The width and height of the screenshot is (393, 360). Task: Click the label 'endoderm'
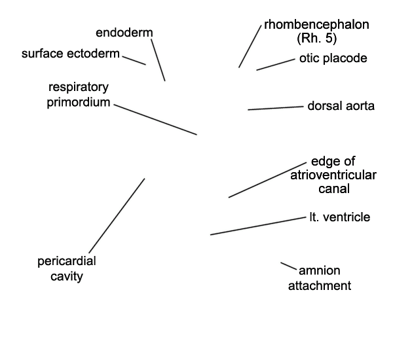[126, 33]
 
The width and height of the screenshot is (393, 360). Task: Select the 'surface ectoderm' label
[71, 54]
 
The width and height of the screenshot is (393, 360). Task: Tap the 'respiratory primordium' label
[78, 95]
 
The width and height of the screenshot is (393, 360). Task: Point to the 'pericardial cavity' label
[67, 268]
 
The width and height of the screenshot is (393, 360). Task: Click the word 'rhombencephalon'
[316, 25]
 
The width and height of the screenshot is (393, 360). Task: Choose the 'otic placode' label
[333, 58]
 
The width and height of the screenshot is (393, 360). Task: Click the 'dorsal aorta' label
[341, 105]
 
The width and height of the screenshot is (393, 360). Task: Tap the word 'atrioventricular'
[333, 175]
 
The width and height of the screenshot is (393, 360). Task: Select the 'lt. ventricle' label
[339, 217]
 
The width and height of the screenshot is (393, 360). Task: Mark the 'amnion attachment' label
[320, 278]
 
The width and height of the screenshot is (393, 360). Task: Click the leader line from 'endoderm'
[158, 60]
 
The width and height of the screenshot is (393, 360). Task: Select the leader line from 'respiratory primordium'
[155, 118]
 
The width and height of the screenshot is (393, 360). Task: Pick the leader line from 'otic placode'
[275, 64]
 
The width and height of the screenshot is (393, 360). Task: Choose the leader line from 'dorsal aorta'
[274, 108]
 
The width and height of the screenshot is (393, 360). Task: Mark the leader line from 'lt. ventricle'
[257, 225]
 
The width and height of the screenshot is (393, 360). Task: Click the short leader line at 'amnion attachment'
[288, 266]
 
